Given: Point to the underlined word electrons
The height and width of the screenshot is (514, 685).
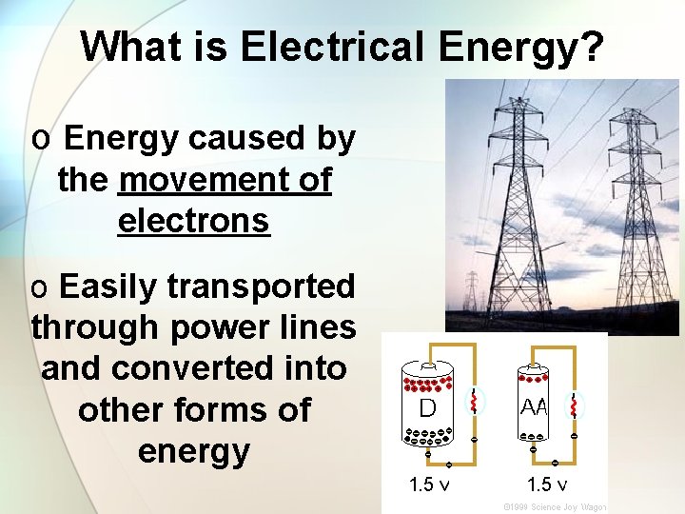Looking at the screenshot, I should (194, 221).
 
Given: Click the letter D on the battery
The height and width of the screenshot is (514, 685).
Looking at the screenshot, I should (428, 408).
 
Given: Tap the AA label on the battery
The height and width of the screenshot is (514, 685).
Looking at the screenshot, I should (534, 406).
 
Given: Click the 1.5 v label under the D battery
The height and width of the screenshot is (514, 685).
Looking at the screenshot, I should (429, 484).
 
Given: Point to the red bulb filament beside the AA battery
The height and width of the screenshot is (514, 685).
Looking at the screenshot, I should (574, 406).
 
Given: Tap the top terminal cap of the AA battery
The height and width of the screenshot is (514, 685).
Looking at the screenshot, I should (535, 367).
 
